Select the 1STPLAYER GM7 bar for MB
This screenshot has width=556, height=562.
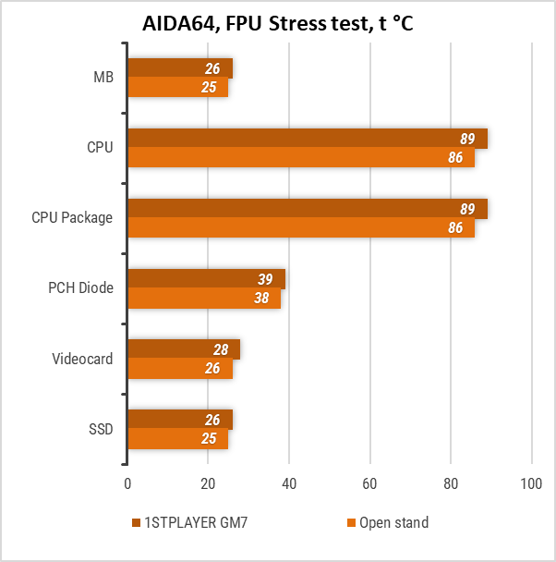(179, 68)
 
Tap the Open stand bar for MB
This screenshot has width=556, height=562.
(177, 87)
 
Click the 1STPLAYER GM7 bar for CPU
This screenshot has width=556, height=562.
(307, 139)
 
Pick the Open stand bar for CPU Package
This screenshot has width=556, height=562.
(300, 227)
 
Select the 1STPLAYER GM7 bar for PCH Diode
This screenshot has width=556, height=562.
(206, 279)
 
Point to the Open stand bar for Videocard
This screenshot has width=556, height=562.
(179, 368)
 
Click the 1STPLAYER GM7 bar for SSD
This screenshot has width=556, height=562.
(179, 420)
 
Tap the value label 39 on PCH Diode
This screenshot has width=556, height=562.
(265, 280)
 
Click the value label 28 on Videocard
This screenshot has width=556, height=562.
(220, 350)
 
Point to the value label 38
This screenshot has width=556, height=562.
(260, 299)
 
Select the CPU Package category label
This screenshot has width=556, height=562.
(72, 218)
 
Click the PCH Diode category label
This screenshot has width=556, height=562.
(81, 288)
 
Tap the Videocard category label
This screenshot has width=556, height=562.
(82, 359)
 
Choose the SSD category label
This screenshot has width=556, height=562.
(101, 429)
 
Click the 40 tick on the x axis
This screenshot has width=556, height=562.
(289, 483)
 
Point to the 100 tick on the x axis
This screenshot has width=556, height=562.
(531, 483)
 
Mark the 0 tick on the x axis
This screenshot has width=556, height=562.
(127, 483)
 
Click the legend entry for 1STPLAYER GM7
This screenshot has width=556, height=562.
(189, 523)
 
